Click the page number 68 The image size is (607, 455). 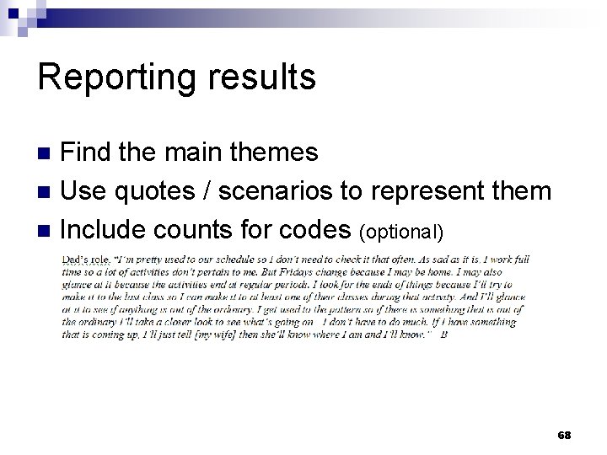(x=565, y=435)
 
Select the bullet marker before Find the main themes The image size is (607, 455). (x=47, y=153)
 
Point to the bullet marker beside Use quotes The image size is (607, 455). (x=47, y=192)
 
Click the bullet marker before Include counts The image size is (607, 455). (x=47, y=230)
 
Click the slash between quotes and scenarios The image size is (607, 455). (x=207, y=191)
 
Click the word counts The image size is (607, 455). (x=204, y=228)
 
